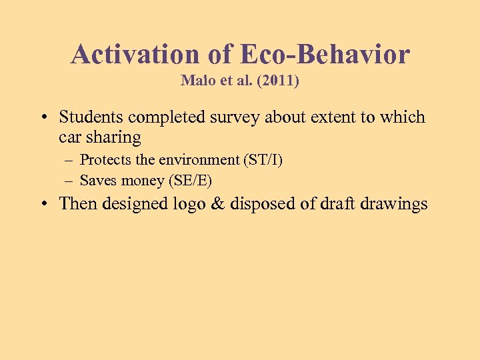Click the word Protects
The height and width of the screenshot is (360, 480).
[105, 160]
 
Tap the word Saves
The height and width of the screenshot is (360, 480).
[97, 180]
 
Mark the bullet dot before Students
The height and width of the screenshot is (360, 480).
[43, 118]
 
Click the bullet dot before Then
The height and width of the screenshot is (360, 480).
[43, 204]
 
